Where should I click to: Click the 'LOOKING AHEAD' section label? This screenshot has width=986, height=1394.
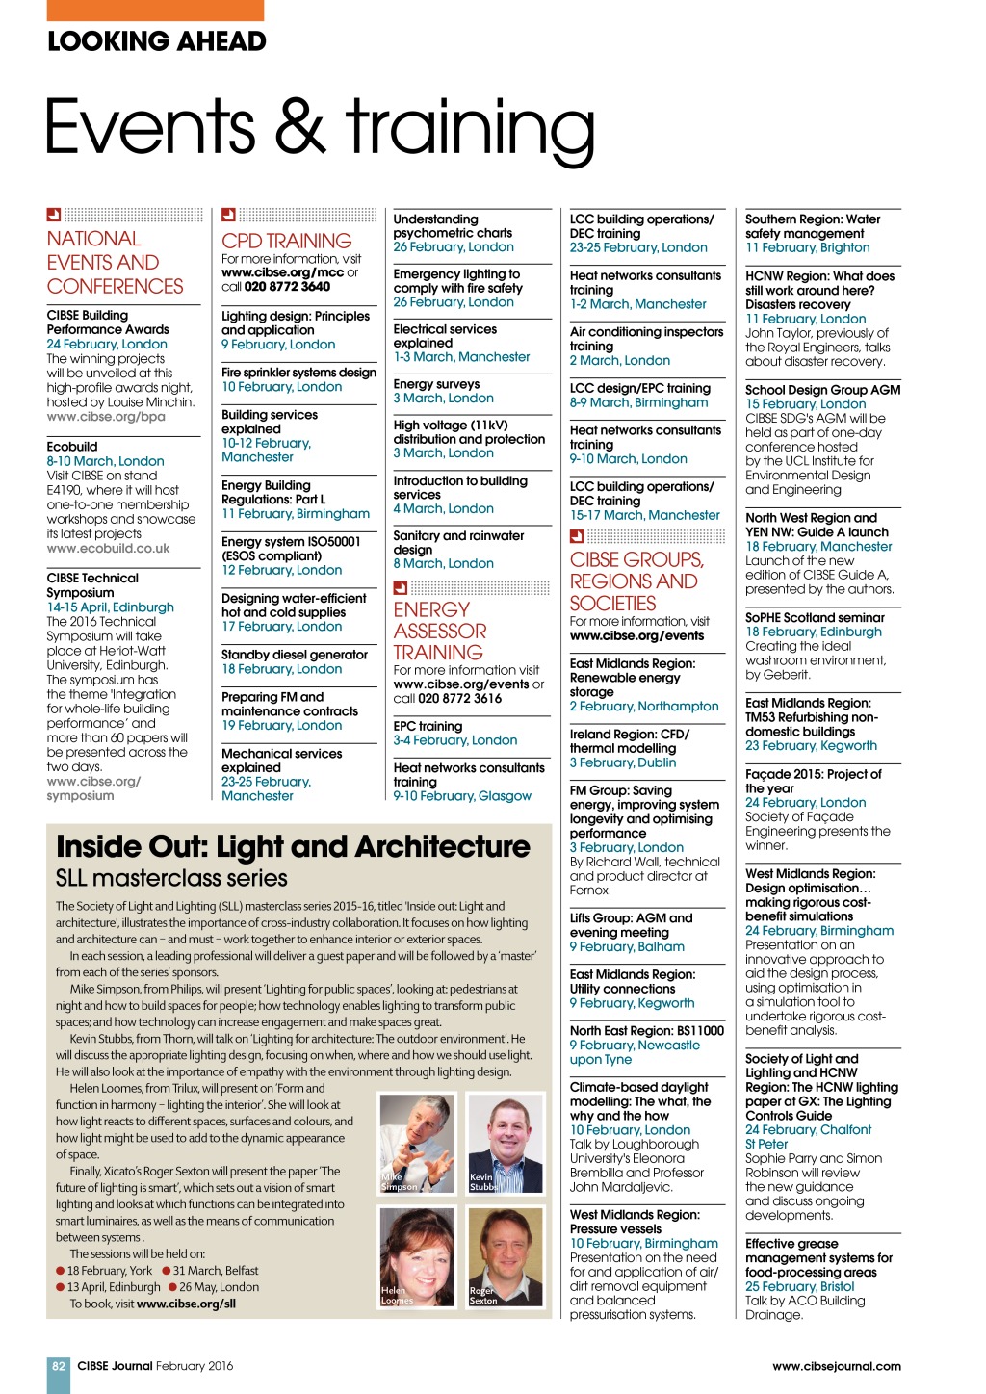tap(157, 41)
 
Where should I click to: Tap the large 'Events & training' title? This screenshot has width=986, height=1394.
tap(320, 127)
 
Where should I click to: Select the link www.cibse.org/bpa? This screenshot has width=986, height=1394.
tap(106, 417)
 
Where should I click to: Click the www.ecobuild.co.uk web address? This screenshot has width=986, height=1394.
tap(108, 549)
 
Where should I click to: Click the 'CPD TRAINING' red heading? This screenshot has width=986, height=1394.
tap(287, 241)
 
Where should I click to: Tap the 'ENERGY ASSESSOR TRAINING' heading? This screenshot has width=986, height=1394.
tap(440, 631)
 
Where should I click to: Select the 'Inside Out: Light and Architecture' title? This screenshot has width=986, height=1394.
tap(293, 846)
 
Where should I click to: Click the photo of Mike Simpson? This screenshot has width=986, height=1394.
tap(417, 1144)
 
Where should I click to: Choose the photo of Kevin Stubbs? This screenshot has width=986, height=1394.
tap(505, 1144)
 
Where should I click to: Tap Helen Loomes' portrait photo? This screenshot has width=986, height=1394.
tap(417, 1256)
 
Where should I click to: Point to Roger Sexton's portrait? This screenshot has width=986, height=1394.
tap(505, 1256)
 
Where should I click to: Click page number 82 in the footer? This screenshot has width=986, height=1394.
tap(59, 1366)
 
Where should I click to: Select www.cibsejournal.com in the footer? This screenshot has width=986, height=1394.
tap(836, 1366)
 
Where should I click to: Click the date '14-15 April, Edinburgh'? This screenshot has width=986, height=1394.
tap(111, 607)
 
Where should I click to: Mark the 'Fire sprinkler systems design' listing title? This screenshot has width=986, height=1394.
tap(298, 373)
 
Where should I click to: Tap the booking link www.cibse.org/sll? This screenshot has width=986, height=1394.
tap(186, 1304)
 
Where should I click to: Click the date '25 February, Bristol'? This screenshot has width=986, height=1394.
tap(799, 1286)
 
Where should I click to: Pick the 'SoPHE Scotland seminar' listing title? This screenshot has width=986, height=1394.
tap(815, 618)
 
